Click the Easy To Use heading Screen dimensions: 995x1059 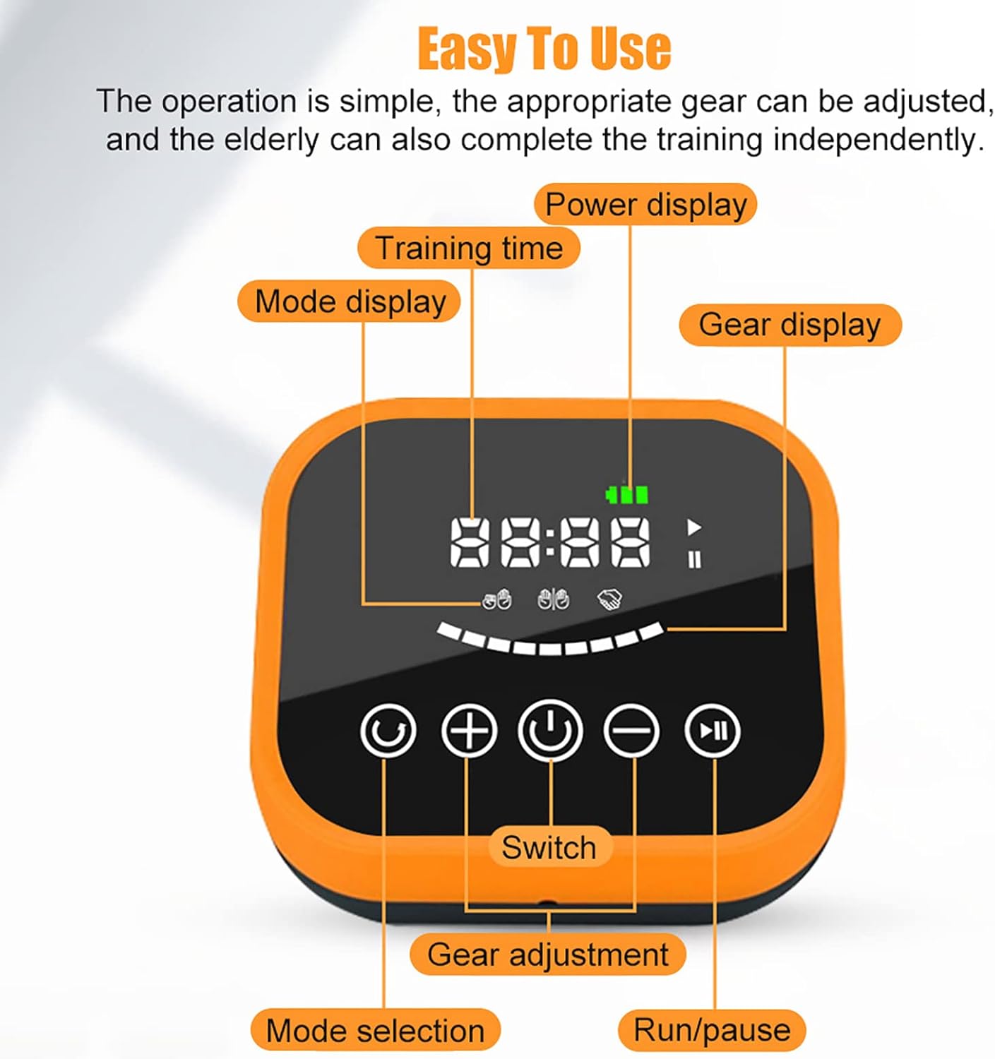click(544, 49)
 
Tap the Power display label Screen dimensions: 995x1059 click(645, 204)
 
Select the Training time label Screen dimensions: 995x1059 click(469, 248)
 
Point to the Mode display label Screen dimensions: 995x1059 click(350, 301)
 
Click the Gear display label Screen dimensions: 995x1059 click(790, 325)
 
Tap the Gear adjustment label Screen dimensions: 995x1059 click(547, 954)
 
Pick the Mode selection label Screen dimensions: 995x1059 click(375, 1030)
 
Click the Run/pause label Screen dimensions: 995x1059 click(712, 1029)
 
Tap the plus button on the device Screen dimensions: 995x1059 click(469, 731)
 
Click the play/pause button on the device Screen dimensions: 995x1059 click(712, 731)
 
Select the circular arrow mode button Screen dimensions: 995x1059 click(388, 731)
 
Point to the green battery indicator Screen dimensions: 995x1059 click(627, 494)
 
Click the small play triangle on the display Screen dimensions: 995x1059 click(694, 527)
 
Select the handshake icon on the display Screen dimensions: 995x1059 click(609, 600)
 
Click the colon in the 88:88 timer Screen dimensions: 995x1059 click(550, 542)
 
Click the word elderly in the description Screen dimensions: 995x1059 click(271, 140)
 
